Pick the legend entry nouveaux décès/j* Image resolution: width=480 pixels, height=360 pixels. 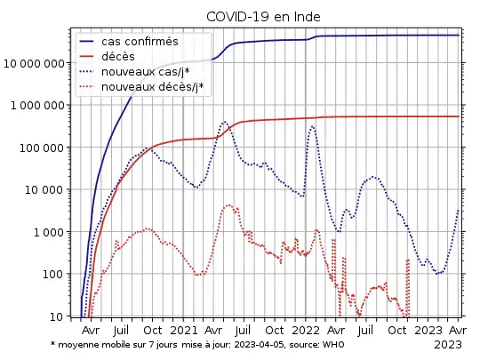click(152, 86)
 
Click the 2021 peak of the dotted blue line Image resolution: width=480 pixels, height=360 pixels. click(224, 122)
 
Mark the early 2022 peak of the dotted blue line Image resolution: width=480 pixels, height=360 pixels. click(312, 126)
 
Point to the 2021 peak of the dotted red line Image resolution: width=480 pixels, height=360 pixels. click(228, 205)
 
